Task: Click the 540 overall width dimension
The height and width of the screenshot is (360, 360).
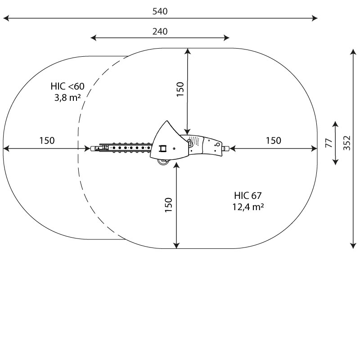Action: (x=160, y=11)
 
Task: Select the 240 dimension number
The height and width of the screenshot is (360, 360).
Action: (x=160, y=31)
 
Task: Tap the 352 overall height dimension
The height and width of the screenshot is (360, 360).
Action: (x=347, y=143)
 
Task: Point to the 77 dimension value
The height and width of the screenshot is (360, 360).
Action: (x=329, y=143)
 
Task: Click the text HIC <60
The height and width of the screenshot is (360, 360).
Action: (x=67, y=86)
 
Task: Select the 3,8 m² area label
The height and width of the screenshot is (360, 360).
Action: (x=67, y=98)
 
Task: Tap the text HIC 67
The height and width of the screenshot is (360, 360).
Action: (x=248, y=196)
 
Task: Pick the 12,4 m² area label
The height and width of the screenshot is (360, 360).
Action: (x=248, y=207)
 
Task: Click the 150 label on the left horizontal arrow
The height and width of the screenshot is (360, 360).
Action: (x=47, y=140)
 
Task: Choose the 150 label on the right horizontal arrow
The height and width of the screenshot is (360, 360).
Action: (x=274, y=140)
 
